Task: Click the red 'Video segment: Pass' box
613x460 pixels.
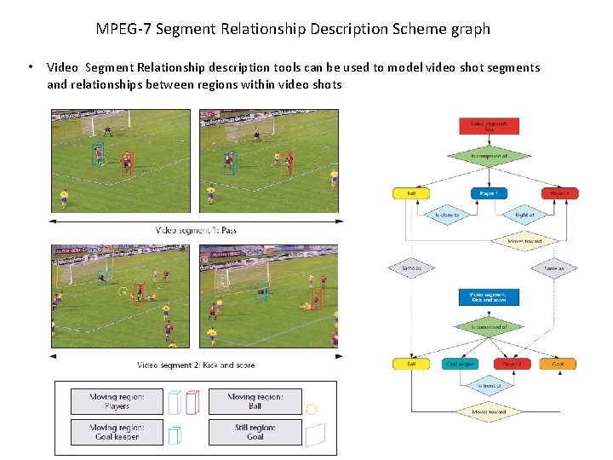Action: point(489,126)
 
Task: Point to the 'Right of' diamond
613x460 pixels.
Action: point(524,215)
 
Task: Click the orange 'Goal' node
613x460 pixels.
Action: point(558,364)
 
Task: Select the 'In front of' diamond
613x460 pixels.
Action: point(489,385)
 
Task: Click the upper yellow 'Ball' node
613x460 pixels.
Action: point(411,193)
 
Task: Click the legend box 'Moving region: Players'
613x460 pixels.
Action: point(117,401)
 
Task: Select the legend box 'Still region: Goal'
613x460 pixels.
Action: point(255,432)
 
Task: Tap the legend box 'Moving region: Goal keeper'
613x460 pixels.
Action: point(117,432)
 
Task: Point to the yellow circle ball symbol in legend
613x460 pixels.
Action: point(312,409)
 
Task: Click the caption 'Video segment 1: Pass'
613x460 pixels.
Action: point(196,230)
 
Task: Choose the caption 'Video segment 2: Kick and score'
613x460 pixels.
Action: point(196,365)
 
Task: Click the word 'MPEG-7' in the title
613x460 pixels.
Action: point(122,29)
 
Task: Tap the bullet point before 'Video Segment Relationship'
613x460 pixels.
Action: point(30,67)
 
